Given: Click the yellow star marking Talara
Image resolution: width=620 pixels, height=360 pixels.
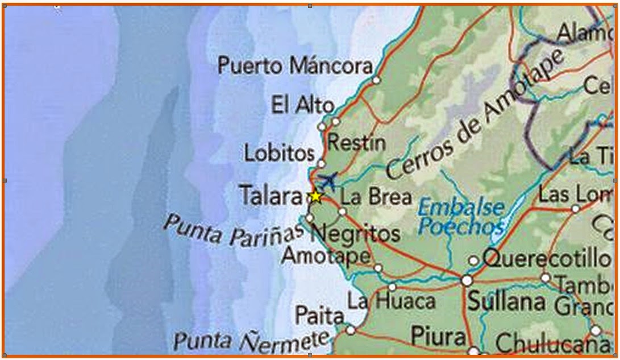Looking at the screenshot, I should [316, 197].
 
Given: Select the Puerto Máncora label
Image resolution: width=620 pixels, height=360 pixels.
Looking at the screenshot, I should [295, 66].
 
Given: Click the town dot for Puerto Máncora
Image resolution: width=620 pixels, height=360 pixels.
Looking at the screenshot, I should [376, 80].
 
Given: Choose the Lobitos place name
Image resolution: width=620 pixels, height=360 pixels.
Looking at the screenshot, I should [279, 152].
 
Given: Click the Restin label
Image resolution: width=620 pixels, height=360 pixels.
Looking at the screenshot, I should [356, 143].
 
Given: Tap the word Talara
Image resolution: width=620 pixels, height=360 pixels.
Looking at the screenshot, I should [271, 197].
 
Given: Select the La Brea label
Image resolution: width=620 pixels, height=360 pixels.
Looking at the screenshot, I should [376, 197].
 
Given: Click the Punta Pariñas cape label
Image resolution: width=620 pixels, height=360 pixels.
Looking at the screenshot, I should [234, 230].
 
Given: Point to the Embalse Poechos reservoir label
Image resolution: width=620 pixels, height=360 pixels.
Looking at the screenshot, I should [461, 217].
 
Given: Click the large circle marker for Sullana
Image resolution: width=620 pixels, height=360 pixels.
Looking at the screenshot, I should [467, 280].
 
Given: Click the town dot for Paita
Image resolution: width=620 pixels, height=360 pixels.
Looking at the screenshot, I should [350, 330].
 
